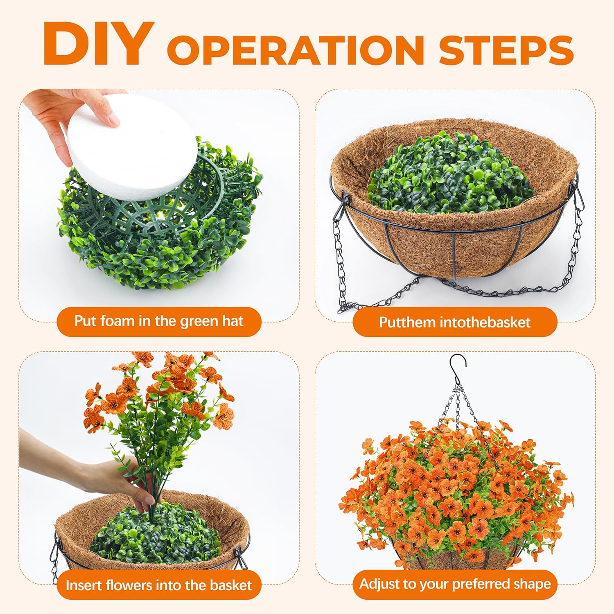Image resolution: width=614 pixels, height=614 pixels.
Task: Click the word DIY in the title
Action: coord(98,44)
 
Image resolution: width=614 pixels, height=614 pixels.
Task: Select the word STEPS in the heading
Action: coord(506,50)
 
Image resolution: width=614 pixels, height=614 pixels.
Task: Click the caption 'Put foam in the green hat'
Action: coord(159,321)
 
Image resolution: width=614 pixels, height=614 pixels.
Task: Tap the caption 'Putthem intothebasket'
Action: coord(454,322)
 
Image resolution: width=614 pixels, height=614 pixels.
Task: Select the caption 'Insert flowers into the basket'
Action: coord(159,585)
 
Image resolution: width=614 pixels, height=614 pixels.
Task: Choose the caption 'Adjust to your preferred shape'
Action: coord(455,584)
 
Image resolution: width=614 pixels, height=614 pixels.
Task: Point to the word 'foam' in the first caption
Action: coord(117,321)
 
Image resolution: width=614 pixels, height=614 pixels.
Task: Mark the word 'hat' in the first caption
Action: coord(233,321)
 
